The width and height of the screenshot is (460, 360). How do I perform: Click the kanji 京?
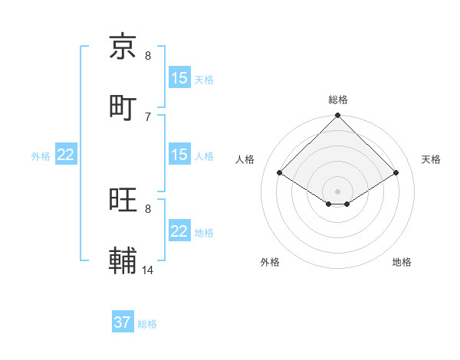pos(123,47)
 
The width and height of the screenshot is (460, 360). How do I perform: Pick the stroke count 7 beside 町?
pos(148,116)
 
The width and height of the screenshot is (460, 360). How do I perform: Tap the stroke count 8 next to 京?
pos(148,55)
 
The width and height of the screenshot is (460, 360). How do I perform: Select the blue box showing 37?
pos(123,322)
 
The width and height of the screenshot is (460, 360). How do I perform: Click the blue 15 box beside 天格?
pos(179,78)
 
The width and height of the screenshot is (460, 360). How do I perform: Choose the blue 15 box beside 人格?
pos(179,155)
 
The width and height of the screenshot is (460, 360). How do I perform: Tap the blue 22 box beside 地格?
pos(179,231)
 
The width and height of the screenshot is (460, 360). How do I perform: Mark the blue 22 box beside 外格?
pos(66,155)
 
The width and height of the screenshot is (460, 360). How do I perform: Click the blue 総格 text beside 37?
pos(147,324)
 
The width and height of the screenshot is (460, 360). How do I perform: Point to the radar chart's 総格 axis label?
pos(337,100)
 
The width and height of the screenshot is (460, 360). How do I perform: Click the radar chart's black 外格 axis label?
pos(270,263)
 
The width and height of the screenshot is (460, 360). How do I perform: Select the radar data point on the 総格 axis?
pos(337,116)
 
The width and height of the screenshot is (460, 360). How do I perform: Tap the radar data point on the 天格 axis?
pos(396,173)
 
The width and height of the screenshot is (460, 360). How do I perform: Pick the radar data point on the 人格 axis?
pos(280,173)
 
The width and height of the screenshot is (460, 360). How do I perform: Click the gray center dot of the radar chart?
pos(337,191)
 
